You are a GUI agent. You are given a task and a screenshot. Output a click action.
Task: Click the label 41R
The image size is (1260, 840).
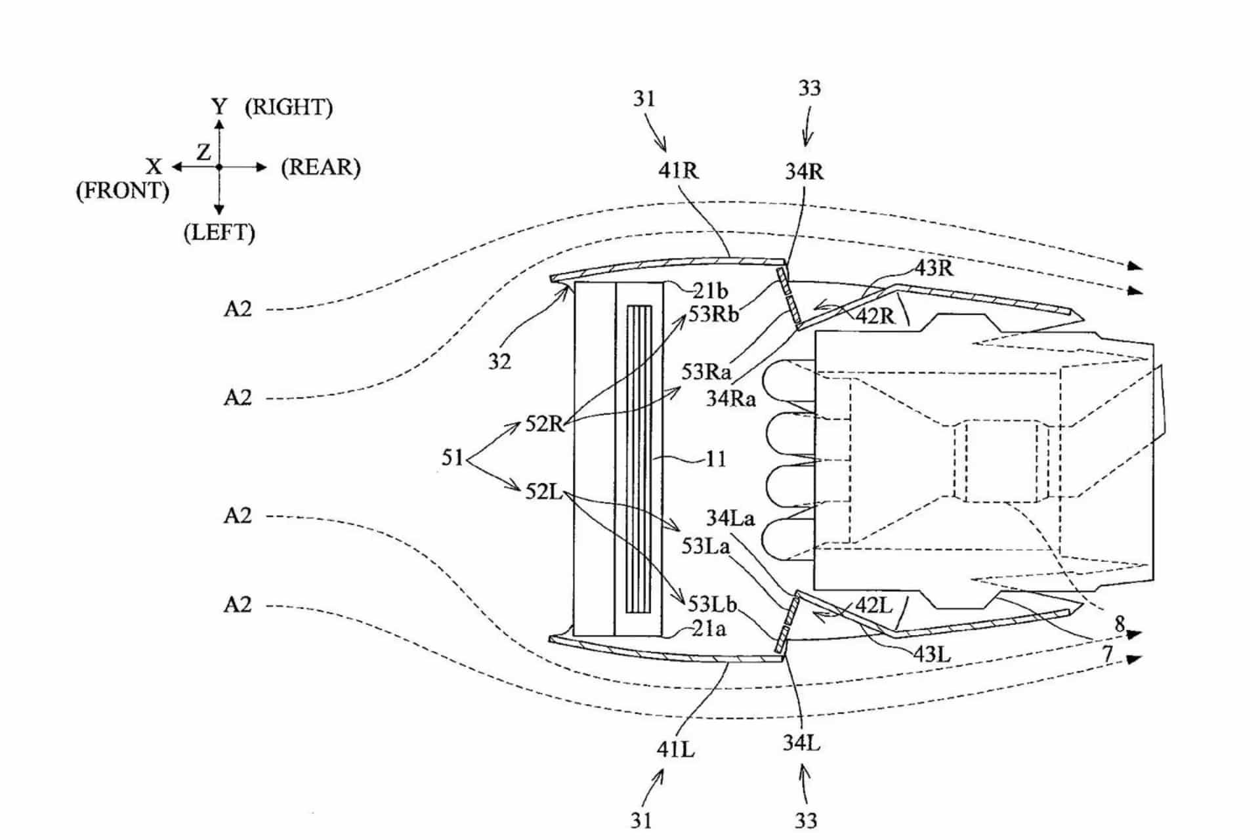click(x=679, y=171)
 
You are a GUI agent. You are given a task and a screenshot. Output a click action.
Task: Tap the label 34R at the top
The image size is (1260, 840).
click(x=805, y=171)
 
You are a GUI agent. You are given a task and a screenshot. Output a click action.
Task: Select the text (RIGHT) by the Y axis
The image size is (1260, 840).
click(x=289, y=107)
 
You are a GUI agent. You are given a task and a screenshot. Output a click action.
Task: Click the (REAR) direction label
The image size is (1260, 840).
click(x=321, y=167)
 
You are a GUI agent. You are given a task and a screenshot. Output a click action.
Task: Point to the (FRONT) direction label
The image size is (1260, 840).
click(x=123, y=191)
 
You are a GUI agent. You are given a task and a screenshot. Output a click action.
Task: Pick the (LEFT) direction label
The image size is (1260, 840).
click(x=219, y=233)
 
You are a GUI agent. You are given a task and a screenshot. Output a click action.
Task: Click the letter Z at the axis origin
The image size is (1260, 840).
click(x=204, y=152)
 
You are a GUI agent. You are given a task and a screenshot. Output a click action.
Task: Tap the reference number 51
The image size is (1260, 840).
click(x=453, y=457)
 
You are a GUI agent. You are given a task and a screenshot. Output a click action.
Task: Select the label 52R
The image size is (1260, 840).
click(x=545, y=425)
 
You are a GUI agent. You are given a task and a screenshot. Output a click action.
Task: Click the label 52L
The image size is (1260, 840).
click(x=544, y=492)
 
